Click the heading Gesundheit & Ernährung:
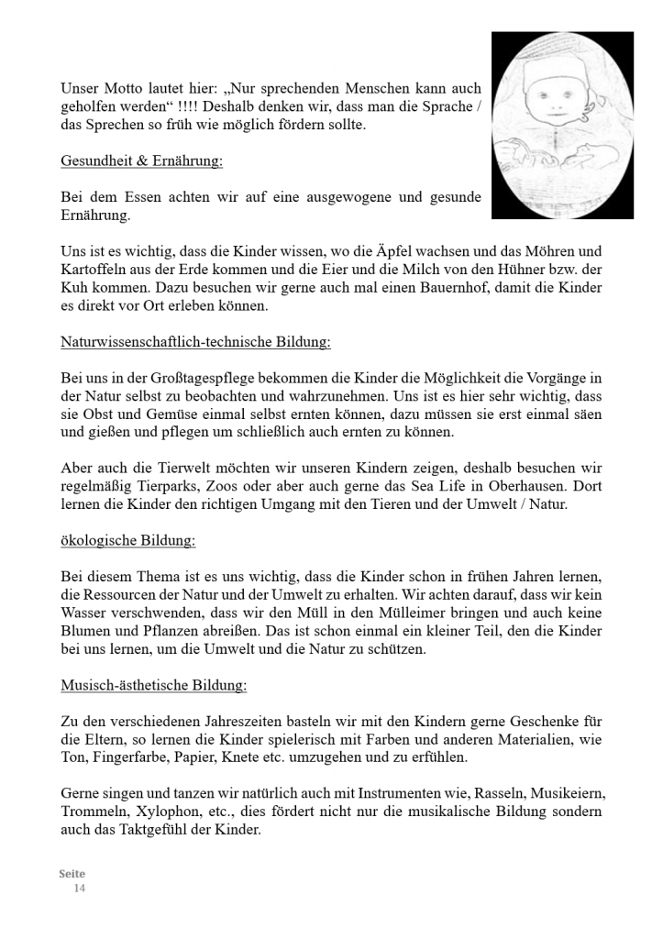142,161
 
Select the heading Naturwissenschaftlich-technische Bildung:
195,342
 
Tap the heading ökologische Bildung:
127,540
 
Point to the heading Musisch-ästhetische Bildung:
153,685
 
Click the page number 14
80,889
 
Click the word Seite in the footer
72,875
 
